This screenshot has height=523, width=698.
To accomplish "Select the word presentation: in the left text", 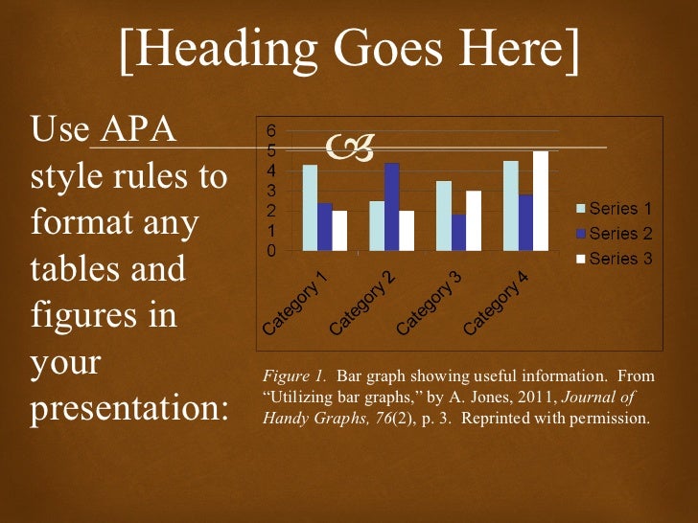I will [130, 409].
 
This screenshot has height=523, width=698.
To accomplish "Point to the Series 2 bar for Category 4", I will [525, 222].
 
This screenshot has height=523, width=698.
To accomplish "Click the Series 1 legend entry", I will [613, 207].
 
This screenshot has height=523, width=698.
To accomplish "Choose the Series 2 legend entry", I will [613, 233].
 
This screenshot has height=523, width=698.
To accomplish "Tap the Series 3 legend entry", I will [613, 259].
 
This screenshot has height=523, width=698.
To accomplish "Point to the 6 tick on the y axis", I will [271, 130].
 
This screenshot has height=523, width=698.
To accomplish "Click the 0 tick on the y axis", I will [271, 252].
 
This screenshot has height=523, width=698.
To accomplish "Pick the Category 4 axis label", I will [498, 302].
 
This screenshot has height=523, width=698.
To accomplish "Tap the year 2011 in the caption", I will [535, 398].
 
